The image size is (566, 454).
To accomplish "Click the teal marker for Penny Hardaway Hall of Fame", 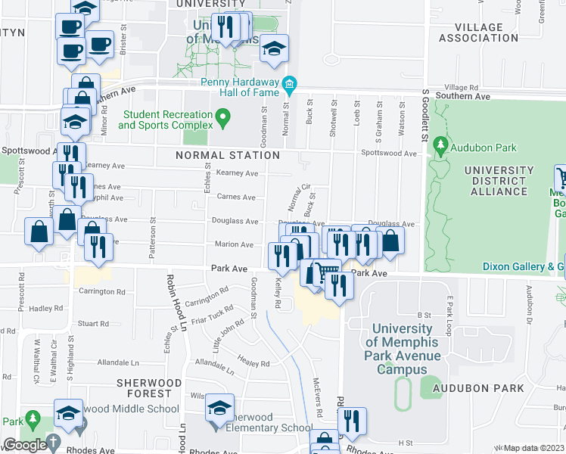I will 288,82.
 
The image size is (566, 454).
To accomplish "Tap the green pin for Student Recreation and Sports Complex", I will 222,117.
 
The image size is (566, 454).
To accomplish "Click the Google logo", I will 24,445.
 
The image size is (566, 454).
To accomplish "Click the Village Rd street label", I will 462,88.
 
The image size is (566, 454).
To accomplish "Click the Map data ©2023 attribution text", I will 534,448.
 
